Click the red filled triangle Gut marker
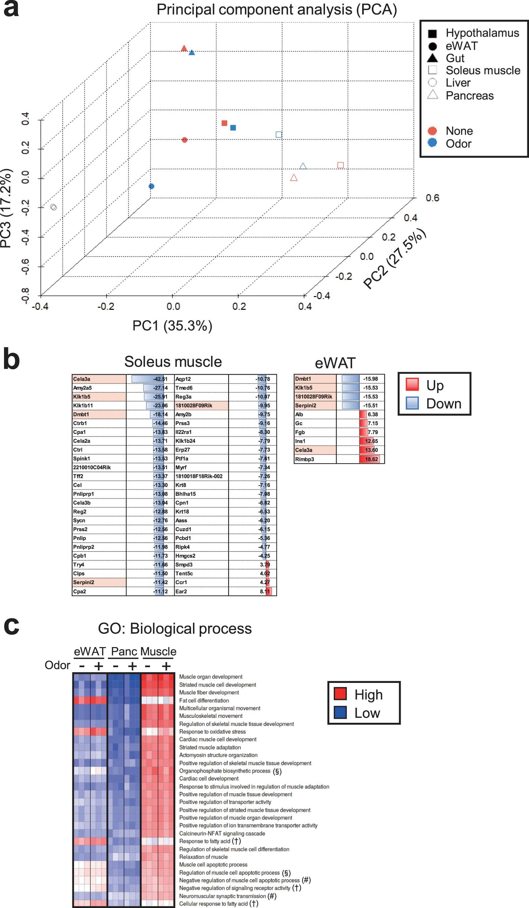(184, 48)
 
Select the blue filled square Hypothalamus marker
(233, 128)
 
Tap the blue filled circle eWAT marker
(151, 186)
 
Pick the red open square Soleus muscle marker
(340, 165)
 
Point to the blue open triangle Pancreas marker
(303, 166)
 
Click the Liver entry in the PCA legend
(458, 83)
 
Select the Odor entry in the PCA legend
(458, 144)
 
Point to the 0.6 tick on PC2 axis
(432, 198)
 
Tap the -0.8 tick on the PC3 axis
(25, 295)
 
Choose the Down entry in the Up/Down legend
(443, 404)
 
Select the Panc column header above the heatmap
(124, 652)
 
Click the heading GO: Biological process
(175, 629)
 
